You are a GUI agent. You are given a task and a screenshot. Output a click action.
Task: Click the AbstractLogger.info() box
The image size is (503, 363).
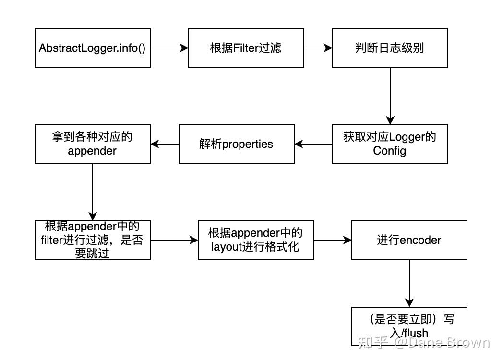92,48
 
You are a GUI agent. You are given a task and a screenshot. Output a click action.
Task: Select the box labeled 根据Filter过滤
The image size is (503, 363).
246,48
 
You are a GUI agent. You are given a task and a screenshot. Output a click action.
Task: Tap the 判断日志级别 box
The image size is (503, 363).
390,48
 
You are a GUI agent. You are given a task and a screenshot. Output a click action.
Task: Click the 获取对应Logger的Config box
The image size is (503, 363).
390,144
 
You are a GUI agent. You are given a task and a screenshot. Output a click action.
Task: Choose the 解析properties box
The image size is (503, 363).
236,144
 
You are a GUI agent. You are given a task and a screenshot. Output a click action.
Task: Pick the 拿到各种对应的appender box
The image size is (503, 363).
92,144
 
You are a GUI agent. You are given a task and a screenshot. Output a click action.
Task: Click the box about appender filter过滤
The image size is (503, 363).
92,240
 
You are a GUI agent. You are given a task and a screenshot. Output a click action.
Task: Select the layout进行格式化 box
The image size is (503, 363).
255,240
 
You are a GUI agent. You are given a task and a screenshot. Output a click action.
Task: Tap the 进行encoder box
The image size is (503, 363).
409,240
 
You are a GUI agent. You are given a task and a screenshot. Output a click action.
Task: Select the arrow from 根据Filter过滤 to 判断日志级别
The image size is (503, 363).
318,48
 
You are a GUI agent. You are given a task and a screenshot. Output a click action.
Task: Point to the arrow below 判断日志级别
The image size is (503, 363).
390,96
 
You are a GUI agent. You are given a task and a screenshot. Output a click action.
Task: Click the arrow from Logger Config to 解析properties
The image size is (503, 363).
313,144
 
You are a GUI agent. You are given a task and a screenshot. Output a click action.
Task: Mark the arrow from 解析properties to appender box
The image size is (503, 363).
164,144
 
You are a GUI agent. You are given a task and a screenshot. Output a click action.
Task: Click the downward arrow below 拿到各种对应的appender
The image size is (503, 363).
92,192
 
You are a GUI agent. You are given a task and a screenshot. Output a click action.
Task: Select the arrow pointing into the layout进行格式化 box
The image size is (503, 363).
174,240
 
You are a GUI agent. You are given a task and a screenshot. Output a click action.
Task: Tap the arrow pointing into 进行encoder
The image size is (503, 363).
332,240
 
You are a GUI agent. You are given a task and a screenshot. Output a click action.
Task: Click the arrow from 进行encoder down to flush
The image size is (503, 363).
409,283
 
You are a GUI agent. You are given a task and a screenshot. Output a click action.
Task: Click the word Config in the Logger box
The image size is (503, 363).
389,151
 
